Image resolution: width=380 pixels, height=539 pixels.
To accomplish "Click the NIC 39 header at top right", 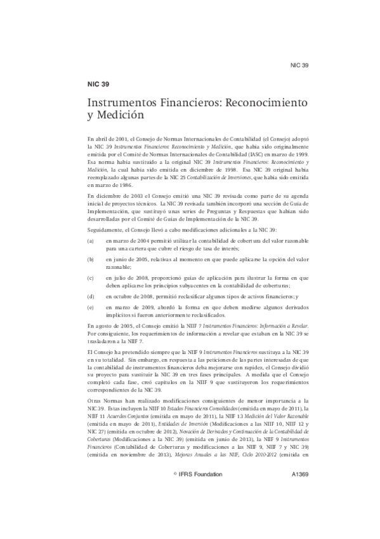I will pyautogui.click(x=299, y=65).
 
